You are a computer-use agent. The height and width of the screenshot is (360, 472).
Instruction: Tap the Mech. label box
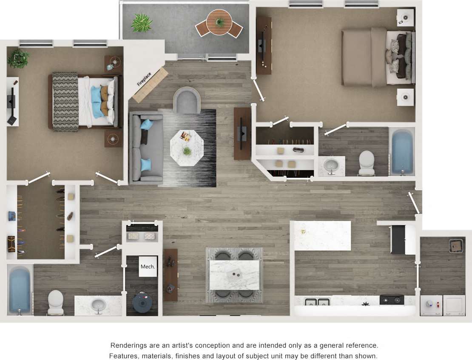[x=148, y=267]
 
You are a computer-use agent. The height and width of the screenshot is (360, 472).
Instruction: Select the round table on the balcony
[x=219, y=21]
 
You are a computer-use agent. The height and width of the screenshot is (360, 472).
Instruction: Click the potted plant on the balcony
[x=141, y=23]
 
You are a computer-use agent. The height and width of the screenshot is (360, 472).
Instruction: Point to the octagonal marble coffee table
[x=187, y=148]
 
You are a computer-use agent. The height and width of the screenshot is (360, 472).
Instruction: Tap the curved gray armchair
[x=186, y=100]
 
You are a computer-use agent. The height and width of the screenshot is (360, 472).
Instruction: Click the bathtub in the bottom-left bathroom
[x=20, y=290]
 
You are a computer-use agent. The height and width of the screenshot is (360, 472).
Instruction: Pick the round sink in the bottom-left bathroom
[x=99, y=305]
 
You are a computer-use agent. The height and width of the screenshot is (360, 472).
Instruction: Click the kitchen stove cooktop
[x=392, y=300]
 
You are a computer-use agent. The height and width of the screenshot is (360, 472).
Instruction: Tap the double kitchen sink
[x=318, y=303]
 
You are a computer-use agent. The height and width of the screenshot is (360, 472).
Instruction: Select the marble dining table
[x=234, y=274]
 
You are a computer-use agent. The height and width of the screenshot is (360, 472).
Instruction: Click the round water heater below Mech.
[x=142, y=301]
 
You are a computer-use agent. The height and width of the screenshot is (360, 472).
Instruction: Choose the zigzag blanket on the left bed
[x=65, y=101]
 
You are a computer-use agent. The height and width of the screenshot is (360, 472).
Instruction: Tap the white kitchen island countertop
[x=322, y=235]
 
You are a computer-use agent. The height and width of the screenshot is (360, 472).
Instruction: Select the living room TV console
[x=242, y=134]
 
